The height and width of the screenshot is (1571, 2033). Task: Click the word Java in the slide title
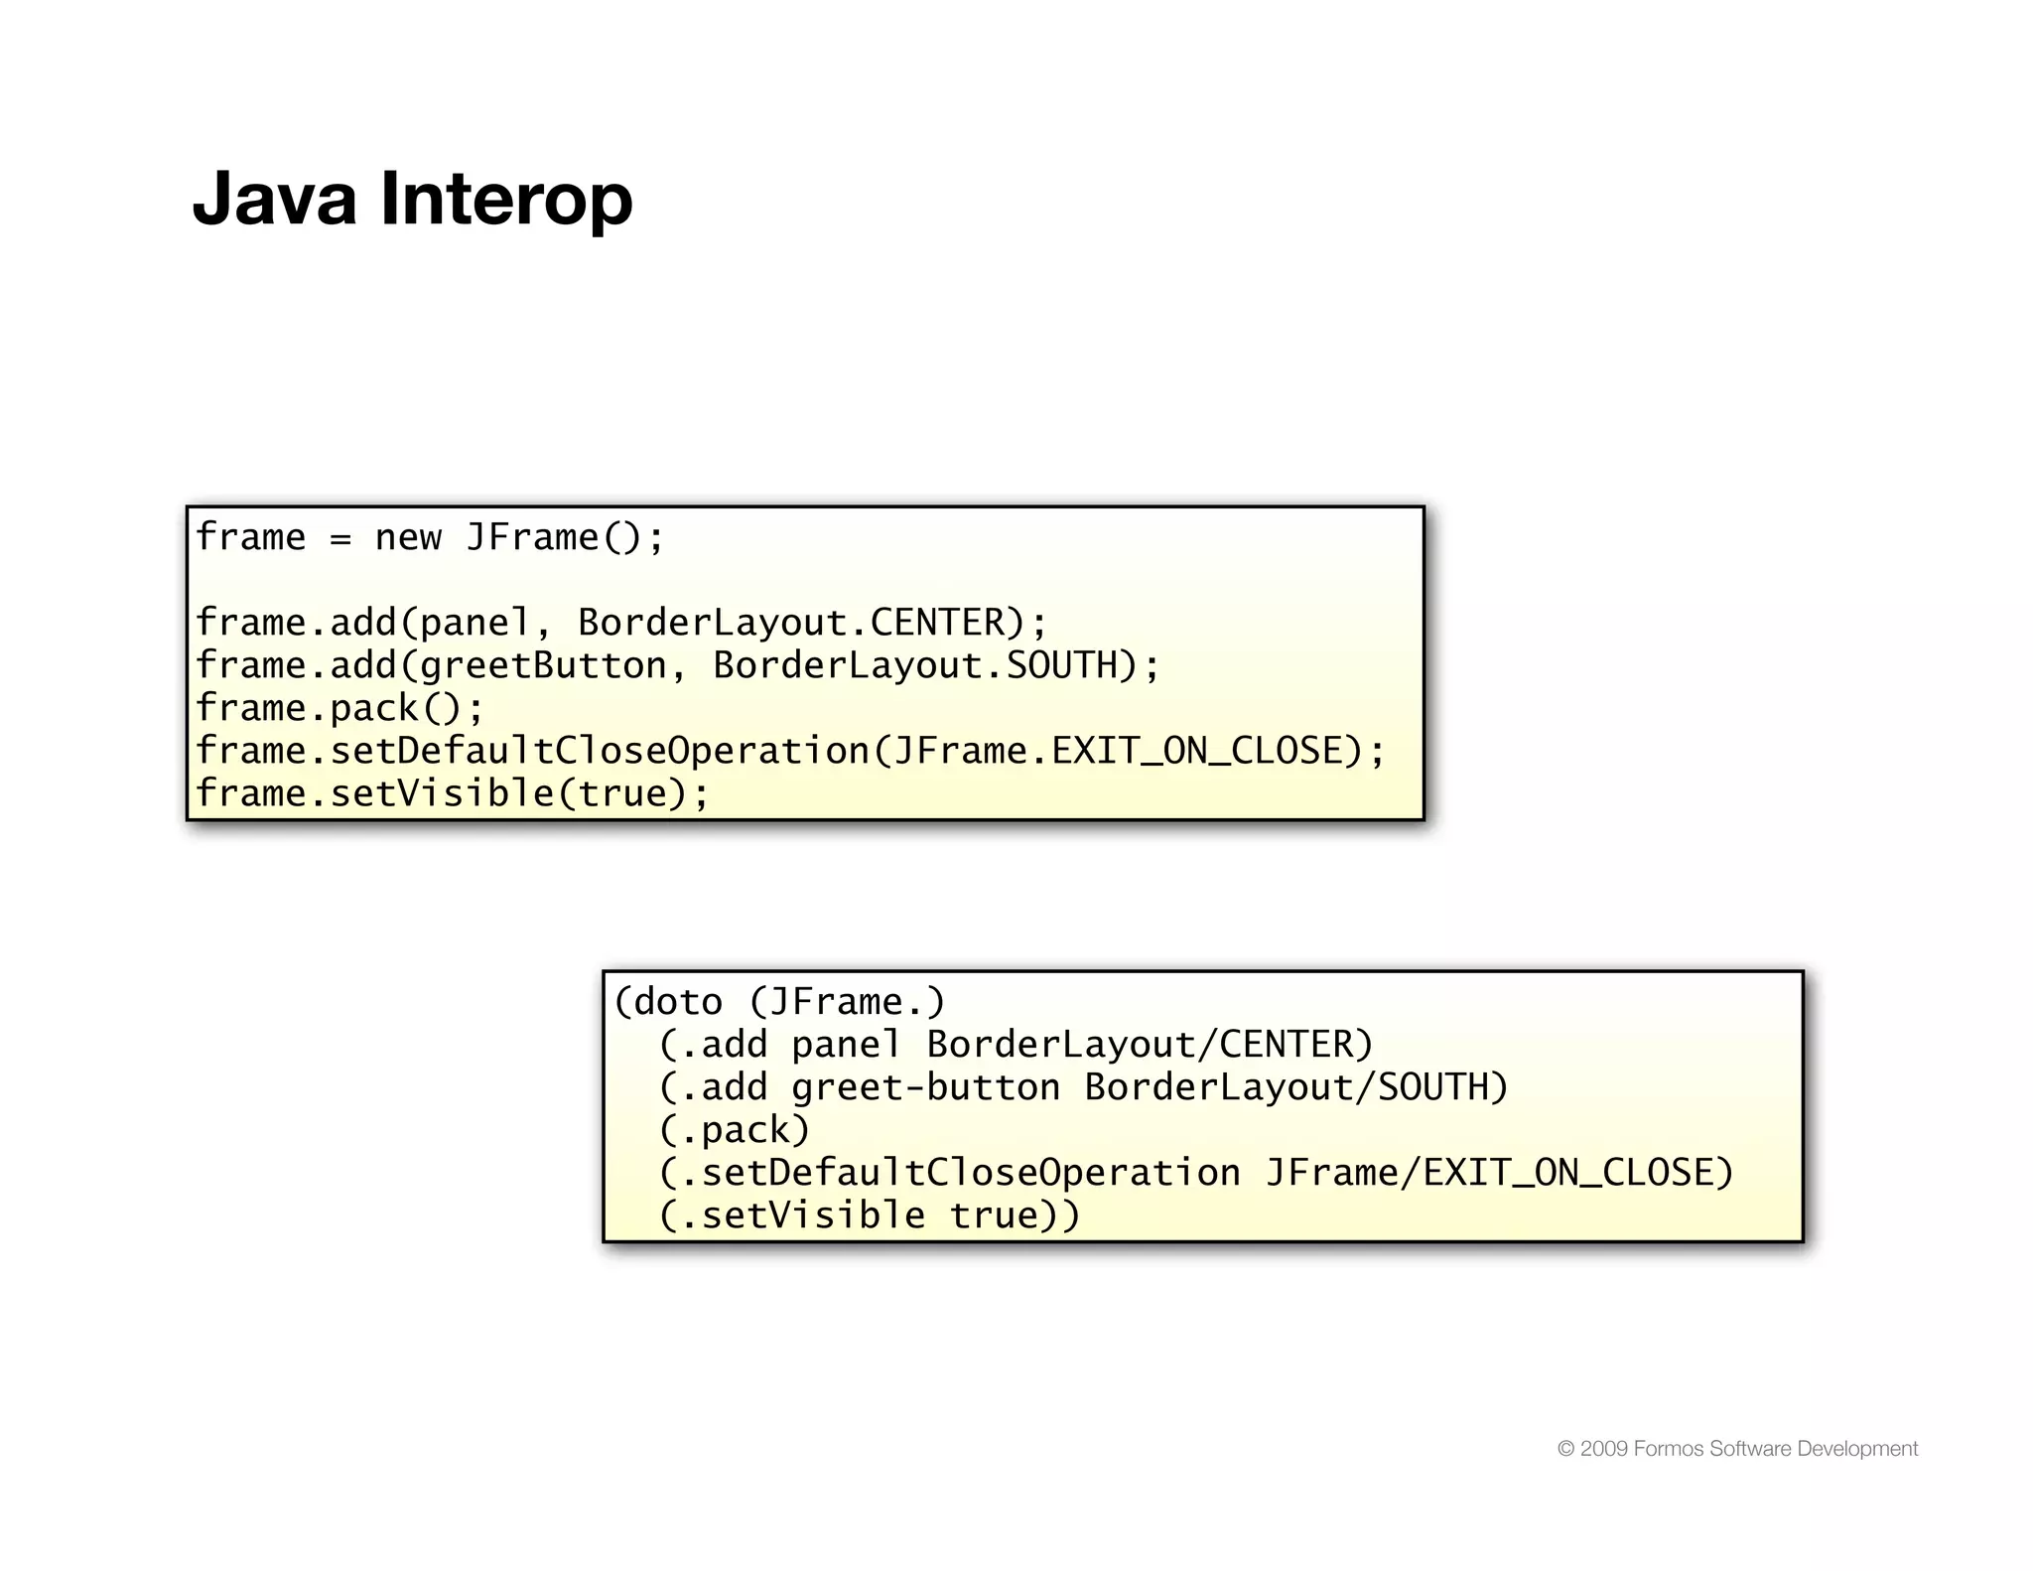[274, 199]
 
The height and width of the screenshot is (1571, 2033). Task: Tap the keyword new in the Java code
[408, 537]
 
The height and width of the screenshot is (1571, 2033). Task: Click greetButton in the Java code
[543, 665]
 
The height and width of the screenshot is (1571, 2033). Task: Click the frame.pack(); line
[339, 708]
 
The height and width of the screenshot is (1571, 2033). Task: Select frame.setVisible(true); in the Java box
[452, 793]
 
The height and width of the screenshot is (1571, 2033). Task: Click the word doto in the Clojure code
[678, 1002]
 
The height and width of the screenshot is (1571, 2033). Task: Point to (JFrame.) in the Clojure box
[847, 1002]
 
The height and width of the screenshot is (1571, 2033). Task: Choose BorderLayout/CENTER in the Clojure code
[1150, 1045]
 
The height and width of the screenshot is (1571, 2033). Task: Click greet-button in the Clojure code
[925, 1087]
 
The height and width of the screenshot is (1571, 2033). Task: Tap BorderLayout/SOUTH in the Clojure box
[1295, 1087]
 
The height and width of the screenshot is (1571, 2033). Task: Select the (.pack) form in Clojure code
[734, 1130]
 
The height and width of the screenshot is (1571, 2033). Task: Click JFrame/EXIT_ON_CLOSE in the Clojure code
[1499, 1173]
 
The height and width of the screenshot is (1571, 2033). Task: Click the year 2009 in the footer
[1603, 1449]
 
